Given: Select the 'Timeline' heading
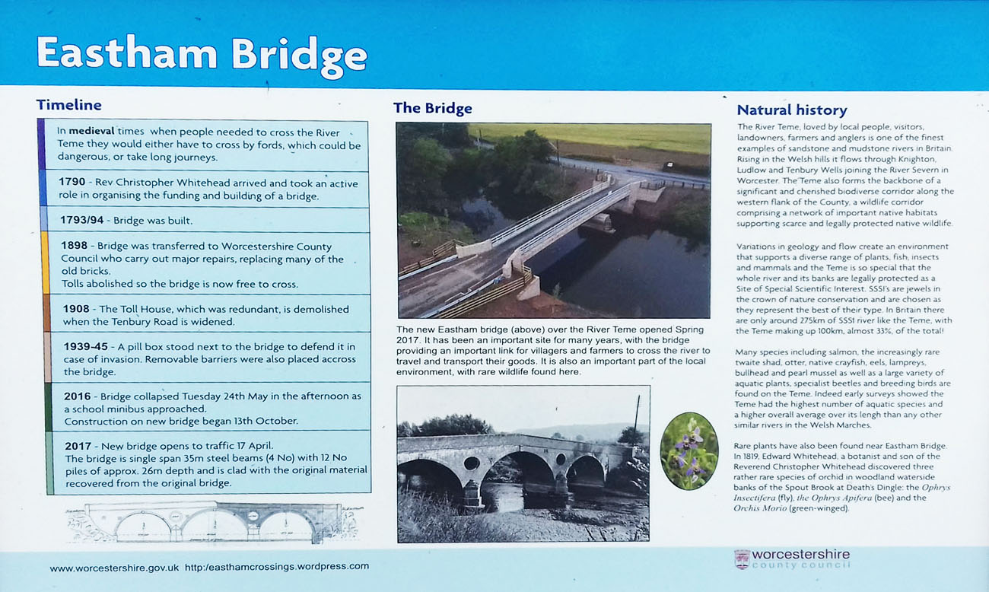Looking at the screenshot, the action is [69, 105].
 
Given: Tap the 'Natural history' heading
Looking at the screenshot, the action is [792, 110].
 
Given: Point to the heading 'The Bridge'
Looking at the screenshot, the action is [433, 108].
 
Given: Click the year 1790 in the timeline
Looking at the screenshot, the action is [72, 182].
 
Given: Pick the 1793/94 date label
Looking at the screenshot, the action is [81, 220].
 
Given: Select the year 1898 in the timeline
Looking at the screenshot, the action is [75, 246].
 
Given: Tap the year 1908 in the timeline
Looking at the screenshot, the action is [76, 309].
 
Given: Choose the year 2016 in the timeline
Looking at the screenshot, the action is [78, 396].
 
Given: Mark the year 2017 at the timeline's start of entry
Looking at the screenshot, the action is [78, 446].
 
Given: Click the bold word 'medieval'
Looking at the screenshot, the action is [91, 131].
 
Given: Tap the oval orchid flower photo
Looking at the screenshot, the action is [689, 450].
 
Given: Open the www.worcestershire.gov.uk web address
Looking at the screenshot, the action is [114, 568].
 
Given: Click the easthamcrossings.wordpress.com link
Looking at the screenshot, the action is [277, 566].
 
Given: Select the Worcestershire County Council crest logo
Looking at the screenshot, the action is [742, 559].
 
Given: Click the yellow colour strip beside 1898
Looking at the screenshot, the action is [45, 263].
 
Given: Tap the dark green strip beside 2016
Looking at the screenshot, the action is [49, 406].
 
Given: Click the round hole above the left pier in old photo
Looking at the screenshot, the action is [472, 463].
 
